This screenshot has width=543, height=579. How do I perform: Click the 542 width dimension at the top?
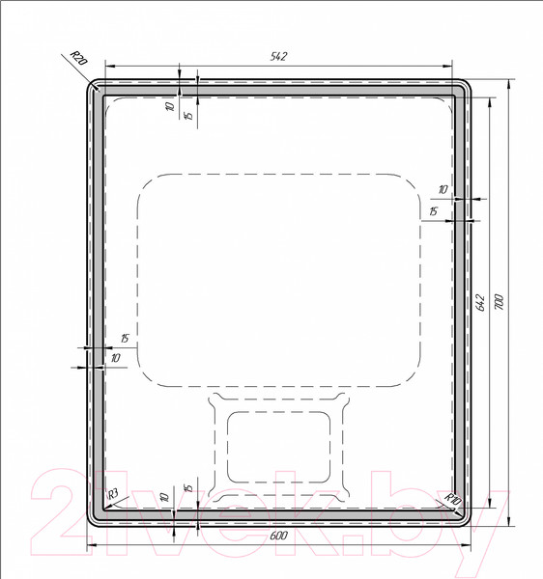278,57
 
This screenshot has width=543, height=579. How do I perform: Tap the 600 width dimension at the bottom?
278,536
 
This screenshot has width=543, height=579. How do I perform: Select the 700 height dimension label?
499,302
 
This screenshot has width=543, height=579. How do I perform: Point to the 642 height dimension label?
480,302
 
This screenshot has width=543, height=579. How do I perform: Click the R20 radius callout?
78,58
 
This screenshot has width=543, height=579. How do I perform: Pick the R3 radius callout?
112,493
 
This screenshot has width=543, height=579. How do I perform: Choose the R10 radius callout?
453,499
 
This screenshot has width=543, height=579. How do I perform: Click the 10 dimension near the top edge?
170,106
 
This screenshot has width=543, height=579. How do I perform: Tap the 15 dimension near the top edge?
188,115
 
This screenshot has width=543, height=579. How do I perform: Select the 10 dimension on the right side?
443,190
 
